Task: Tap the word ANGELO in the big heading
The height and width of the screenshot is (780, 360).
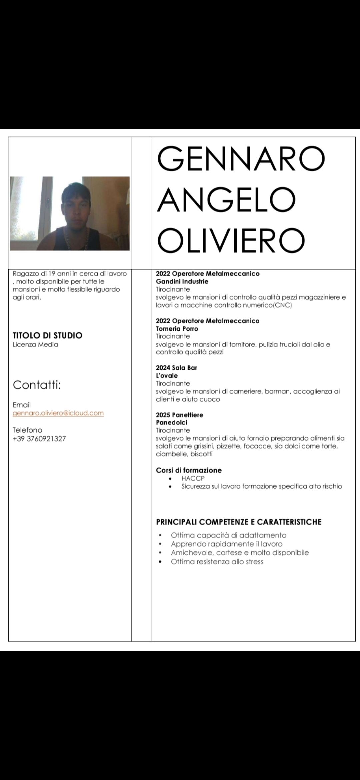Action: coord(227,199)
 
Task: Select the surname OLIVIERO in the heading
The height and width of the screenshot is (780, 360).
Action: coord(231,240)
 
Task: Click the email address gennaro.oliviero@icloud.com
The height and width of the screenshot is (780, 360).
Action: coord(58,413)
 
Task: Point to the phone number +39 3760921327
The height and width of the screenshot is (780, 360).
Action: coord(39,439)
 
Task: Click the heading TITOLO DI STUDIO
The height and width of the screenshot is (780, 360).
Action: coord(47,335)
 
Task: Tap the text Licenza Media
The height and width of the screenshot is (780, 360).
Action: coord(35,345)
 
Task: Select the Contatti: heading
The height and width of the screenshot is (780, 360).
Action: coord(37,385)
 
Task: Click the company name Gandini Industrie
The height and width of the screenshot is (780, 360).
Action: coord(182,282)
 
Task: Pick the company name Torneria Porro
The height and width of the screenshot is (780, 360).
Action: coord(177,329)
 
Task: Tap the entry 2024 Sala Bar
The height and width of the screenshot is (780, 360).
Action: coord(176,368)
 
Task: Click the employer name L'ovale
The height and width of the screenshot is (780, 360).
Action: coord(167,376)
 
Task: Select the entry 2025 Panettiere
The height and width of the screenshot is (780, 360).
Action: coord(179,415)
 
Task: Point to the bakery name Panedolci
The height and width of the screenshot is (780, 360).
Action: coord(172,423)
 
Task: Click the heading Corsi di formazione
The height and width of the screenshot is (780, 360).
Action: coord(189,470)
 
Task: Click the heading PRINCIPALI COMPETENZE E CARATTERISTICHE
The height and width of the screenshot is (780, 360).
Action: coord(239,522)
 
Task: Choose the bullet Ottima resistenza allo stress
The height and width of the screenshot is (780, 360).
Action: coord(217,562)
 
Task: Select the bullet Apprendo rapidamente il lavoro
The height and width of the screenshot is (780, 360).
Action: coord(227,544)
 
